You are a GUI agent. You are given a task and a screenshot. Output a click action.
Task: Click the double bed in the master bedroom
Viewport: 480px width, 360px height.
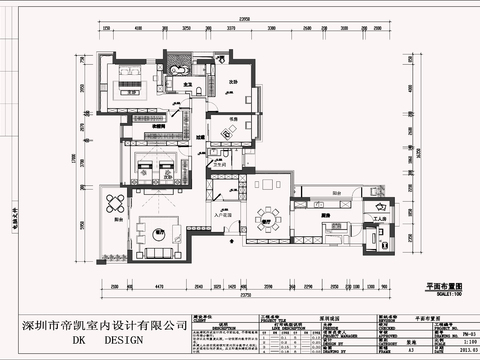(x=130, y=78)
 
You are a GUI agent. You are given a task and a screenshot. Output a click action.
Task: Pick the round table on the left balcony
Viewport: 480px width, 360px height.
(x=110, y=208)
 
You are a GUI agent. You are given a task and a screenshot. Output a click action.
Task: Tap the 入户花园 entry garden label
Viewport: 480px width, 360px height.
(x=222, y=214)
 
